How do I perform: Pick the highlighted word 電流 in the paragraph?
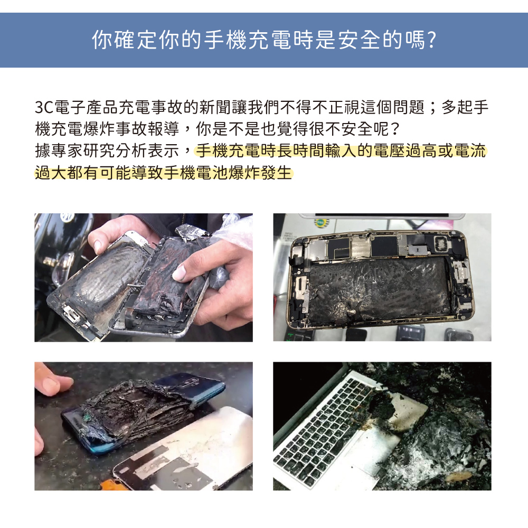point(470,150)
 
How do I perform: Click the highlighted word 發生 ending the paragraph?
point(276,173)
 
